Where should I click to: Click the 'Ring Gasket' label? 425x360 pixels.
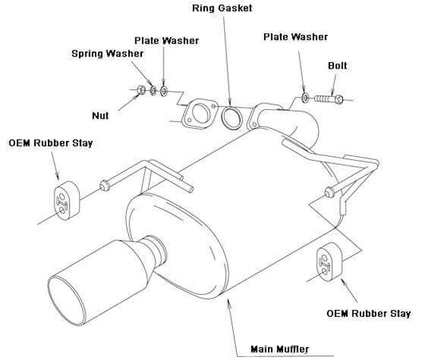[x=222, y=8]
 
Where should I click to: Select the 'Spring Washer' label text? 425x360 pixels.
[x=108, y=53]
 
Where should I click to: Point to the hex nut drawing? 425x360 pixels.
[x=141, y=90]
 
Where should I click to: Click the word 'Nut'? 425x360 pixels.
[x=100, y=115]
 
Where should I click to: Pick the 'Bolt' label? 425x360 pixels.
[x=337, y=65]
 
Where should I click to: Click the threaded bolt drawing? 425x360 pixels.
[x=329, y=99]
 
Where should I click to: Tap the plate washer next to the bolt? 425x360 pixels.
[x=305, y=97]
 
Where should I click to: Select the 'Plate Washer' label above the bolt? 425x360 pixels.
[x=296, y=37]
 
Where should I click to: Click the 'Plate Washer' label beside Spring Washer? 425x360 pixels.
[x=167, y=41]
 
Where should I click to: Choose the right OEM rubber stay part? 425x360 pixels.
[x=329, y=262]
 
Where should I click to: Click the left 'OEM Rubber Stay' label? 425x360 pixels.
[x=51, y=143]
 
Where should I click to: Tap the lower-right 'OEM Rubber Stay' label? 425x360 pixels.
[x=368, y=314]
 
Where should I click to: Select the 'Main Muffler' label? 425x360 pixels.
[x=280, y=349]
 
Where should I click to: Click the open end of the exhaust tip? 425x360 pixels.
[x=66, y=300]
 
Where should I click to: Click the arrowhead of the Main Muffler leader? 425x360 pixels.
[x=228, y=301]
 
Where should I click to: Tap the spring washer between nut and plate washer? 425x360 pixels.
[x=153, y=91]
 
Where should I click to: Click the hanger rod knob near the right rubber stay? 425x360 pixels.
[x=329, y=192]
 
